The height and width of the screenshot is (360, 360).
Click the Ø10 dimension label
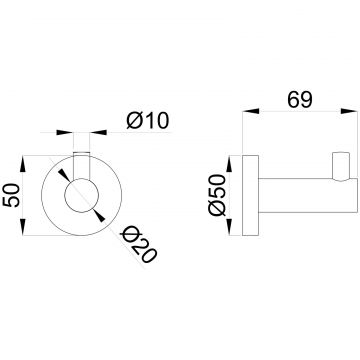point(148,120)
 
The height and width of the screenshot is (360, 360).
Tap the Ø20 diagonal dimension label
point(138,244)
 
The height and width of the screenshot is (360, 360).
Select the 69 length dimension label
point(300,100)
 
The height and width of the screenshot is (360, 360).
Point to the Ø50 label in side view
point(217,195)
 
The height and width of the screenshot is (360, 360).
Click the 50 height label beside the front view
point(13,195)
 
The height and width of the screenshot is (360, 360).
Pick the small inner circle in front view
point(81,195)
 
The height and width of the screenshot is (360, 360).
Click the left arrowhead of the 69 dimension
point(251,111)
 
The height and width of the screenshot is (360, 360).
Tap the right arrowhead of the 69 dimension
point(349,111)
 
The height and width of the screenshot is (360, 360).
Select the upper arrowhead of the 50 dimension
point(23,164)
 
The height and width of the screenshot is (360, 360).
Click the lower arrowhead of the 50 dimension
point(23,227)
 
